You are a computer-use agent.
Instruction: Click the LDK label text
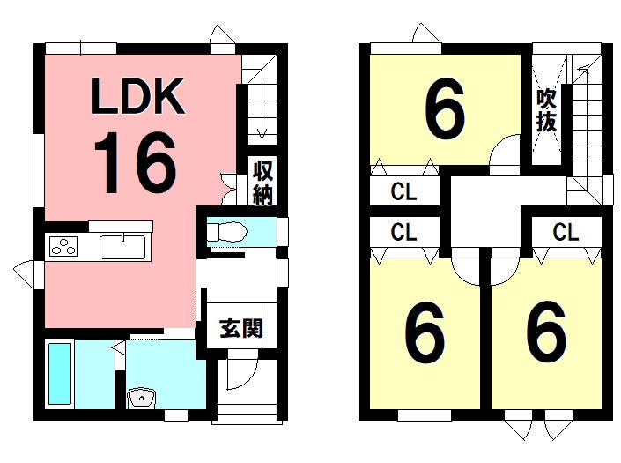tap(138, 96)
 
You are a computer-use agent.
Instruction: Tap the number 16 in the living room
tap(135, 162)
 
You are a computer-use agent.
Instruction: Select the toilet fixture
tap(227, 231)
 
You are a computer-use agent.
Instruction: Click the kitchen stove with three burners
tap(63, 246)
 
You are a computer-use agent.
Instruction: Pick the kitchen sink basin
tap(122, 247)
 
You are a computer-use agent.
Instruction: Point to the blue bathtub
tap(60, 373)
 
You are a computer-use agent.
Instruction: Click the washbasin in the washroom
tap(142, 398)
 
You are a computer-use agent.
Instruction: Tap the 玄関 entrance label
tap(241, 328)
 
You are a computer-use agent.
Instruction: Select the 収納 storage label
tap(262, 183)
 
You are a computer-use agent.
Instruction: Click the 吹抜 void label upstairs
tap(546, 110)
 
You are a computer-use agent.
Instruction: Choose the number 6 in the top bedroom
tap(445, 108)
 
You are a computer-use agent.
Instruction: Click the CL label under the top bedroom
tap(403, 192)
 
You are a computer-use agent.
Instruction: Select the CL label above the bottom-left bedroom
tap(403, 232)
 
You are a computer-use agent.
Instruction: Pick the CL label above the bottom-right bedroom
tap(566, 232)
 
